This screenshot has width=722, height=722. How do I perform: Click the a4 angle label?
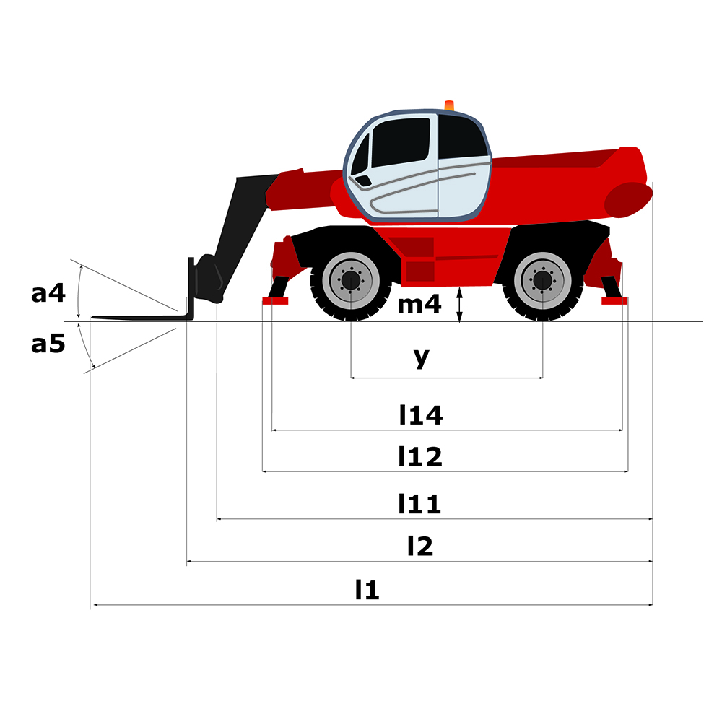point(48,293)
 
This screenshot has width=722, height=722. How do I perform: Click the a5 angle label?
point(48,344)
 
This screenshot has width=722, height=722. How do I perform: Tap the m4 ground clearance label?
point(419,305)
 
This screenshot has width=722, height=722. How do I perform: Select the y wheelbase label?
point(422,358)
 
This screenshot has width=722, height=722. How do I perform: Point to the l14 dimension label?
point(421,415)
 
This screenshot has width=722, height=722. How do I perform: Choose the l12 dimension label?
point(420,456)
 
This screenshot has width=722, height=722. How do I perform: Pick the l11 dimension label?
point(419,504)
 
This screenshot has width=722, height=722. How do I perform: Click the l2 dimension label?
point(420,546)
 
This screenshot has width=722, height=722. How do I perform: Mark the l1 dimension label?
point(367,589)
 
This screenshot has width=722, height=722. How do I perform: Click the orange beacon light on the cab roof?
point(449,105)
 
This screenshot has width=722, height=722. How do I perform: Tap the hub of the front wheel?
point(351,280)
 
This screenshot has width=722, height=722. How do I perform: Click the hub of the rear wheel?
point(542,280)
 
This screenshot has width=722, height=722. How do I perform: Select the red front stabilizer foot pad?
point(275,300)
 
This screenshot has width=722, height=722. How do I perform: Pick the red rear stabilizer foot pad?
point(614,300)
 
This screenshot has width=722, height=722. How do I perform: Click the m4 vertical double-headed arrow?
point(459,305)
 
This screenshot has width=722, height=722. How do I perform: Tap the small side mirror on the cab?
point(364,180)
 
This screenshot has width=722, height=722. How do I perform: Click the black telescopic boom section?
point(240,230)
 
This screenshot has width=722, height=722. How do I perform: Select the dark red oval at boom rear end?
point(627,199)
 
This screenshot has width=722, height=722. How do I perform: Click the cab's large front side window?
point(401,142)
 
